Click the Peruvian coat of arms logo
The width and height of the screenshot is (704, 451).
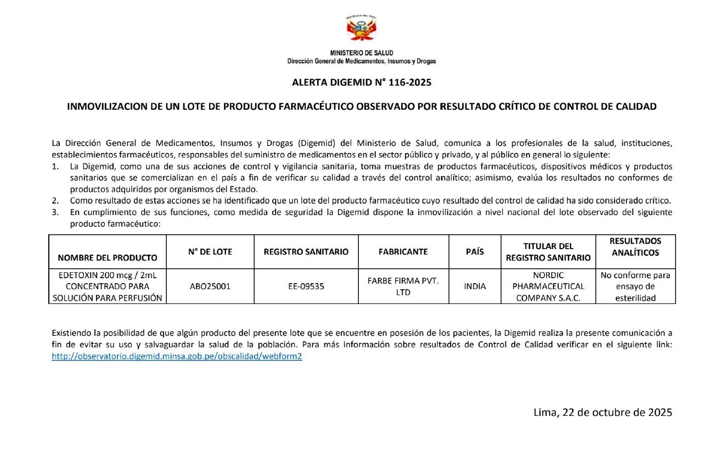point(361,29)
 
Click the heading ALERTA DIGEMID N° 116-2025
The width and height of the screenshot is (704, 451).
point(362,83)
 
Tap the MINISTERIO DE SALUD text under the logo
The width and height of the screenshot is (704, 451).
point(362,53)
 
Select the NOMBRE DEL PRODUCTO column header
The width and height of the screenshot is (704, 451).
point(108,257)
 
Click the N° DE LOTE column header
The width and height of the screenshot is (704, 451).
point(210,252)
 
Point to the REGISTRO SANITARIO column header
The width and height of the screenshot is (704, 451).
point(306,252)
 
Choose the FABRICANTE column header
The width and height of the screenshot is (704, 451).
point(403,252)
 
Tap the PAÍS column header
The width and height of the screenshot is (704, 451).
point(475,252)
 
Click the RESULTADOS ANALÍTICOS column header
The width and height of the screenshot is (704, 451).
point(635,246)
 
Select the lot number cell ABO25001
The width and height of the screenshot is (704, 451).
point(210,286)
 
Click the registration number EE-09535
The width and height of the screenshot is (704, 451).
point(306,286)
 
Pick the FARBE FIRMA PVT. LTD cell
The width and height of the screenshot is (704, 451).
point(403,286)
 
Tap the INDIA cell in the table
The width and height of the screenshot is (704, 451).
point(475,286)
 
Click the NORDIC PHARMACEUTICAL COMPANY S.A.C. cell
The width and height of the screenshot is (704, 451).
point(548,286)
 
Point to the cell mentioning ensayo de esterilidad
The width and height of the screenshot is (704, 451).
point(635,286)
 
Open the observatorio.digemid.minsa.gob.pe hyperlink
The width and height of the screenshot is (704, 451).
point(177,356)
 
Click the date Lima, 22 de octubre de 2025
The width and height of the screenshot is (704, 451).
point(602,413)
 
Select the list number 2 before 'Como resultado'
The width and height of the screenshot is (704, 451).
point(55,200)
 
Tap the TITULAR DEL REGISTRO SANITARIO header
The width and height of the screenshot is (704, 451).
point(548,252)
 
